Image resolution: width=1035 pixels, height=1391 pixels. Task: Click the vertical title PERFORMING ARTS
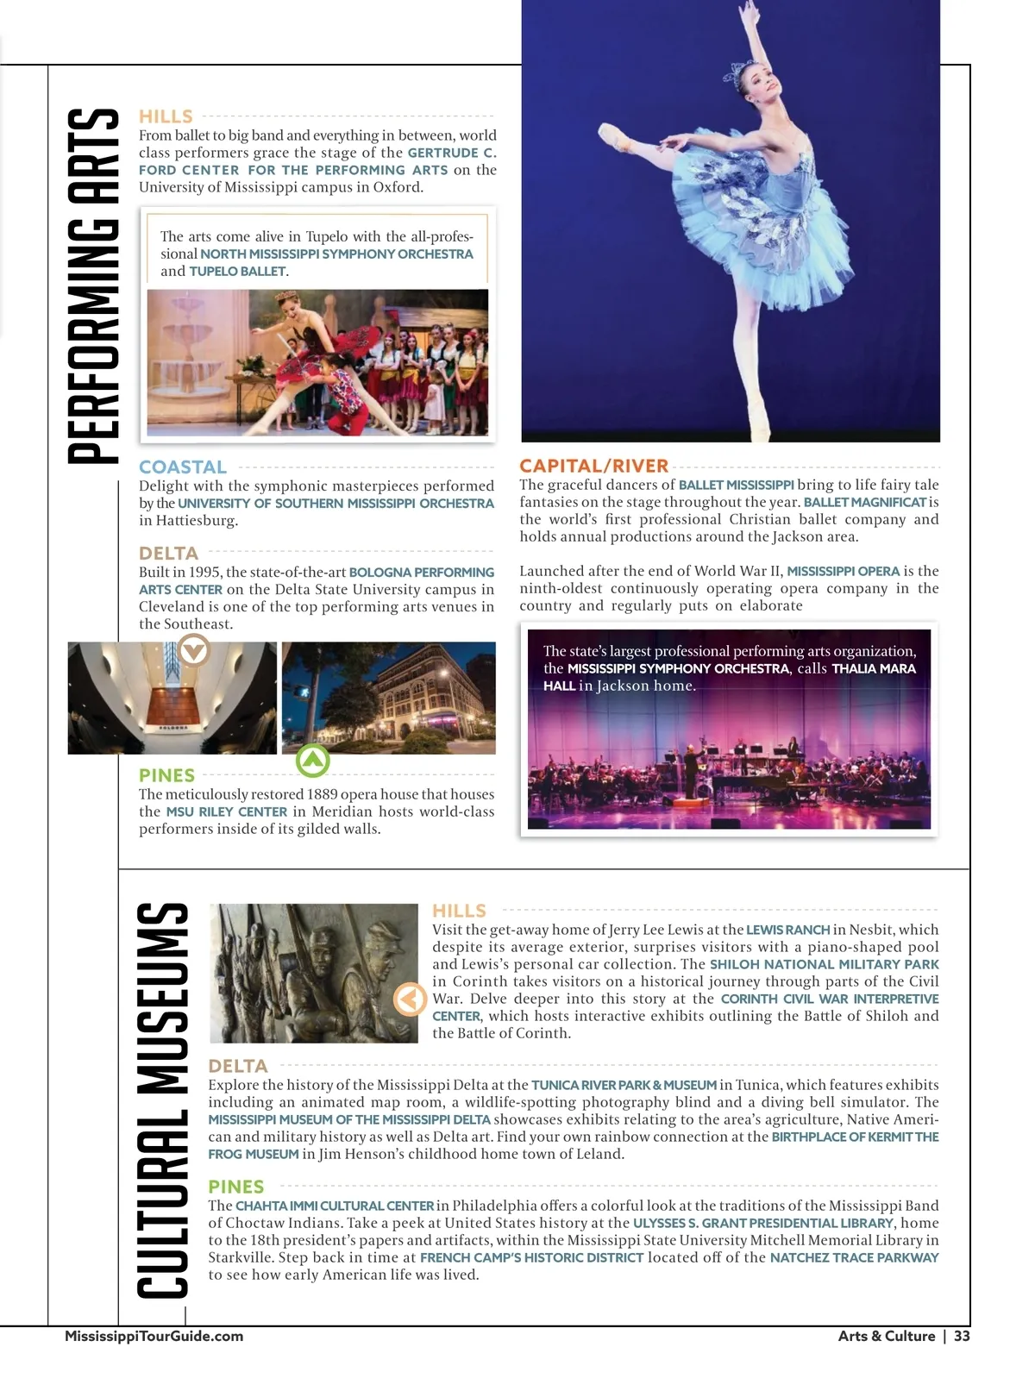point(93,286)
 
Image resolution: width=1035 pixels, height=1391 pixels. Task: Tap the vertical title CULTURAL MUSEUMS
point(162,1100)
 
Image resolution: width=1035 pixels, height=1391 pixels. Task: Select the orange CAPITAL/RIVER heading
point(593,466)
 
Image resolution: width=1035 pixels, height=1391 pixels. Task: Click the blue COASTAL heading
point(183,467)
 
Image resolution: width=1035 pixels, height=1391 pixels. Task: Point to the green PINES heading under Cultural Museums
point(235,1187)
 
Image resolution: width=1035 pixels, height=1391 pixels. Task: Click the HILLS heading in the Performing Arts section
point(166,116)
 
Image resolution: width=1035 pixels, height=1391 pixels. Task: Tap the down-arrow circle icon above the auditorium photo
point(193,649)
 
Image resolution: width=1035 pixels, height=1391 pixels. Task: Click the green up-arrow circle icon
point(313,761)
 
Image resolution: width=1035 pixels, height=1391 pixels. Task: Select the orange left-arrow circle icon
point(410,999)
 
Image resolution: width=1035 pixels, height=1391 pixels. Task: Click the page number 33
point(962,1336)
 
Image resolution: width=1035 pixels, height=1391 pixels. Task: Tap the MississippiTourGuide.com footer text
point(154,1336)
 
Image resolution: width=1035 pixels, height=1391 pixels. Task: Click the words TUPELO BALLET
point(237,272)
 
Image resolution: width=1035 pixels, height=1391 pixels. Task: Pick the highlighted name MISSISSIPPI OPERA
point(843,571)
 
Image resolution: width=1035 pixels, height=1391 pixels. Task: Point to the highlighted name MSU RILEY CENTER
point(226,811)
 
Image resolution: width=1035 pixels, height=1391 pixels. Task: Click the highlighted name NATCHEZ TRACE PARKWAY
point(854,1257)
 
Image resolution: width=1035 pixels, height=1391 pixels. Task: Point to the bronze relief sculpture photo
point(314,973)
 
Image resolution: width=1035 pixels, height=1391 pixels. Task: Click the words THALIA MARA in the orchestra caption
point(873,668)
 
